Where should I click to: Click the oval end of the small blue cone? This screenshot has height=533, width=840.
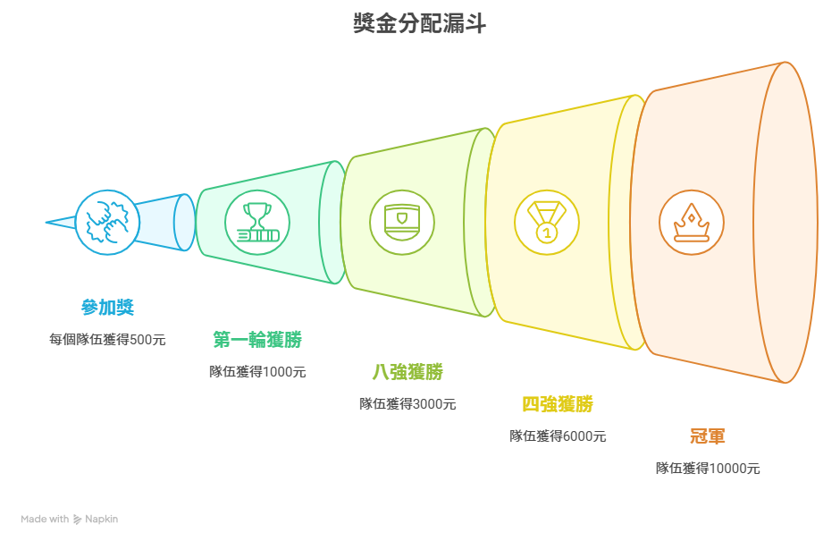(x=184, y=221)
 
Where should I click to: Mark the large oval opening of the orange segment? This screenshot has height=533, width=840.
(x=784, y=222)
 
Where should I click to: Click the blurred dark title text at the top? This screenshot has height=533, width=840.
(x=419, y=21)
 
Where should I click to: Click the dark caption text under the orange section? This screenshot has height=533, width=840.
(x=709, y=467)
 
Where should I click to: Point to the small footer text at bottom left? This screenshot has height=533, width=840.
(x=69, y=518)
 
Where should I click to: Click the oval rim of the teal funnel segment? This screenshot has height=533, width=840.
(x=332, y=222)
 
